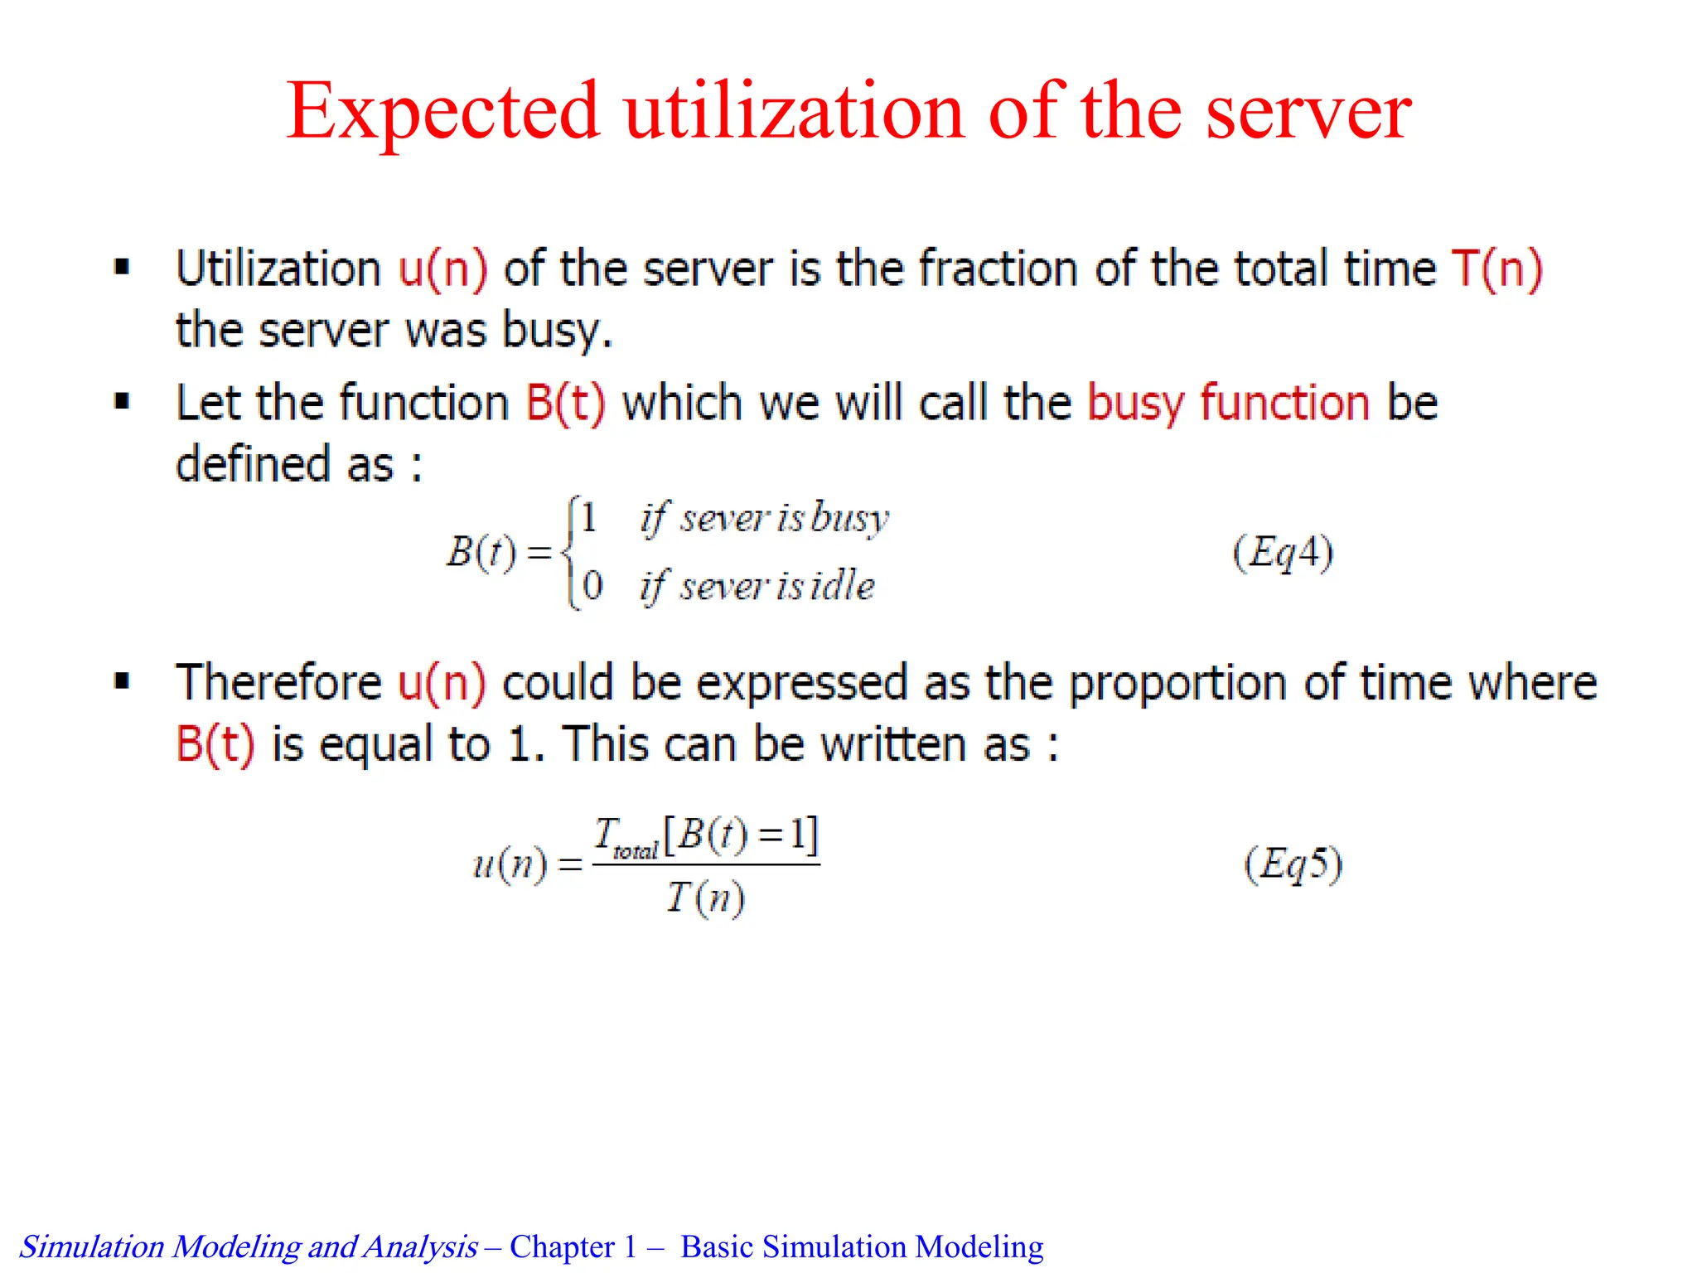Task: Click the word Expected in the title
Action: pos(442,112)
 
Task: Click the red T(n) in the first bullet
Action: pos(1496,269)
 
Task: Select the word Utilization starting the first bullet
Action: pos(278,269)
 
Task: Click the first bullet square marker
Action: pos(123,268)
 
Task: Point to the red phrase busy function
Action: pos(1228,404)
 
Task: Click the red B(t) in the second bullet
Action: pos(566,404)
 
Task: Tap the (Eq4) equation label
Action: pos(1283,553)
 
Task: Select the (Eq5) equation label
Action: pos(1293,864)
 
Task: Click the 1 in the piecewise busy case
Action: pos(588,519)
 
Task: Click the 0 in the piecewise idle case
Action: pos(592,586)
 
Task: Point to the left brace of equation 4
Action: pos(568,552)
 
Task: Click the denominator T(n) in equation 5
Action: pos(706,898)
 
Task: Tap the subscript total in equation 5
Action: pos(636,851)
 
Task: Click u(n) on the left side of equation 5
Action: pos(510,864)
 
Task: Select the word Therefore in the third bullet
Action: pos(278,683)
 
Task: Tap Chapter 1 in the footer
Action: pos(573,1246)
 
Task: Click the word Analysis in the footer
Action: pos(421,1246)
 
